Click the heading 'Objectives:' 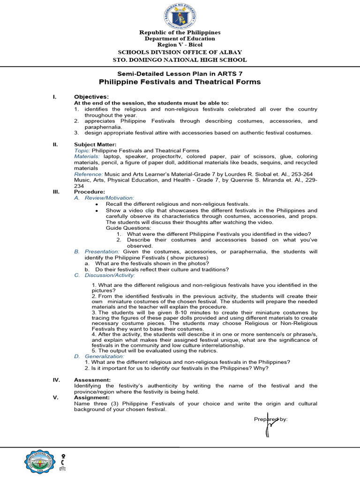point(91,97)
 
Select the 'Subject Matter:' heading point(96,144)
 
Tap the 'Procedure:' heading point(90,192)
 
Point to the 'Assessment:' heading point(92,380)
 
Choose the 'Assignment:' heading point(92,397)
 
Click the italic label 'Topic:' point(82,150)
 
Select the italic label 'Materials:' point(87,156)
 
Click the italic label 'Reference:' point(88,174)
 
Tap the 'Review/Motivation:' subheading point(109,198)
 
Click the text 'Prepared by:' point(271,419)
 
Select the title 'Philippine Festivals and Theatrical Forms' point(180,82)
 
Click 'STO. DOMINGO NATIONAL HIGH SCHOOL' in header point(180,60)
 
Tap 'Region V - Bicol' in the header point(180,45)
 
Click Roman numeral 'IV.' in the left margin point(56,380)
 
